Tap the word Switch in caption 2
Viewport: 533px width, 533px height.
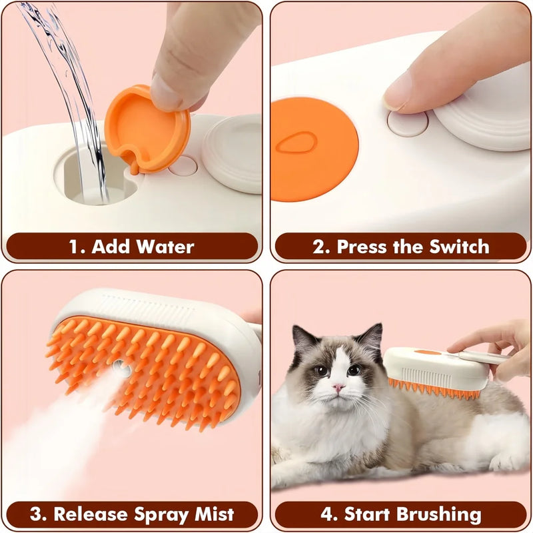pos(454,247)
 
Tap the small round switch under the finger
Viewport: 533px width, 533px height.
pos(407,122)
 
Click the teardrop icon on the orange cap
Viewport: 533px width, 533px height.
pos(297,143)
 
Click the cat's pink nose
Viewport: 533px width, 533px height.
pos(338,388)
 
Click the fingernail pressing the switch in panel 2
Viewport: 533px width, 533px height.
pos(398,93)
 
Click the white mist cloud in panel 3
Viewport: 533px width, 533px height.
pos(53,440)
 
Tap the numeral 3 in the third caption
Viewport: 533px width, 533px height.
pos(36,514)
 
